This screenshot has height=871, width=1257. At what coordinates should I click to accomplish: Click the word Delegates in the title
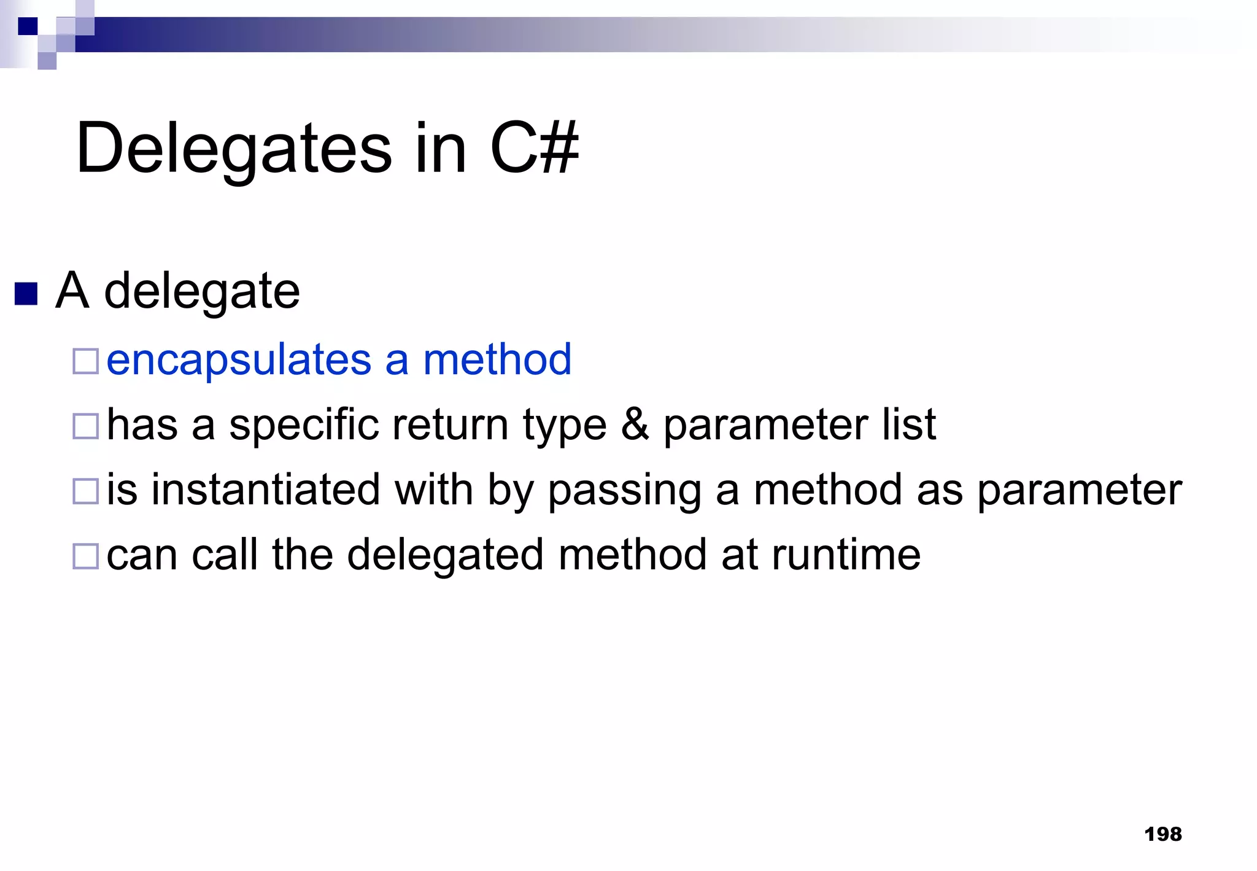233,149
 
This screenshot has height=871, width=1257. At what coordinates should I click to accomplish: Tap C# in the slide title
534,148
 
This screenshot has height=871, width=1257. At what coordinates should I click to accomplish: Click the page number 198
1162,834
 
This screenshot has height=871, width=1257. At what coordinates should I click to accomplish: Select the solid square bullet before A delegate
26,294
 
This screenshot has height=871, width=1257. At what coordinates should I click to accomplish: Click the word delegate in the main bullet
202,292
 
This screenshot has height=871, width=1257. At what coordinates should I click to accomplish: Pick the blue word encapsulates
239,361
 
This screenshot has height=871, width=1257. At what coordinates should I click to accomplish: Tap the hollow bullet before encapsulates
85,361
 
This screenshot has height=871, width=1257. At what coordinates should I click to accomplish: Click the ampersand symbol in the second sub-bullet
635,424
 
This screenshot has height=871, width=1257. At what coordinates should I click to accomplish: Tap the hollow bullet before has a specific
85,426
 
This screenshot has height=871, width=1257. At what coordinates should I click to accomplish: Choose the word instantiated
266,490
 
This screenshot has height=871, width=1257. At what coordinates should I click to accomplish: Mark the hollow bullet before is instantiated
85,491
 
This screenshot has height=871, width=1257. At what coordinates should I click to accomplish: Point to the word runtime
846,555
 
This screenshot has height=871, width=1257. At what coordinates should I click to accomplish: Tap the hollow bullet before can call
85,557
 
